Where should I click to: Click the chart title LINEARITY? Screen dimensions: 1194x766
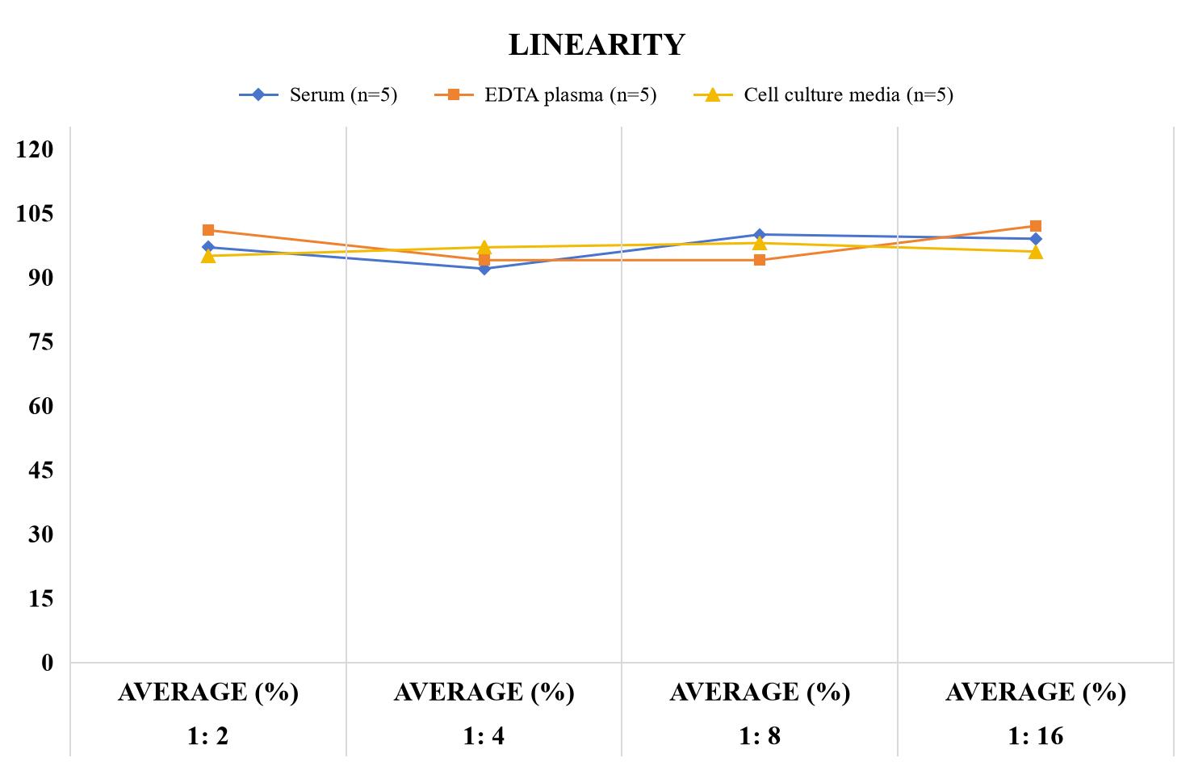(x=597, y=44)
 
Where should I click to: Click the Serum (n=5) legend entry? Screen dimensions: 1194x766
(x=318, y=95)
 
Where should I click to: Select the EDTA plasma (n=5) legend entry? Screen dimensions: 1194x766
(x=545, y=95)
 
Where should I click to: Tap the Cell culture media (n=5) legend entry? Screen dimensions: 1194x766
(x=823, y=95)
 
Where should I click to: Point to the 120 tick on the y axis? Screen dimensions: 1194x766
(x=35, y=149)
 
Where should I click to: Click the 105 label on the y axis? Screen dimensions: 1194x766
(x=35, y=213)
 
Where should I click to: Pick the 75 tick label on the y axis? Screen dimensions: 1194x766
(x=41, y=341)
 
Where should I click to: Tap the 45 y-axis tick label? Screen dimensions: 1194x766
(x=41, y=470)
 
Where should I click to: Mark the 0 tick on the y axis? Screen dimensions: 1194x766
(x=48, y=663)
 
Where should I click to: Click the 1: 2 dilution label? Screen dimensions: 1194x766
(x=208, y=736)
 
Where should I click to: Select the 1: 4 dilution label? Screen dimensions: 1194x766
(x=484, y=736)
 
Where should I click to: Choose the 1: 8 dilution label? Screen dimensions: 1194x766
(x=760, y=736)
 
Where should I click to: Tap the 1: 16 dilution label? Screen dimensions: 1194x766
(x=1036, y=736)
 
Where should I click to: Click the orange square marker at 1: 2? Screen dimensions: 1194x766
(x=208, y=230)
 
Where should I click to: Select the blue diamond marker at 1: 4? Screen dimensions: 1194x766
(x=484, y=269)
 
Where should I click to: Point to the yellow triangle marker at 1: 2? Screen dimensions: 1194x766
(x=208, y=257)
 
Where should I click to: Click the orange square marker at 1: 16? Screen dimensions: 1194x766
(x=1036, y=226)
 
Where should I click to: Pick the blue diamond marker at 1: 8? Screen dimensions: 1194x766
(x=760, y=235)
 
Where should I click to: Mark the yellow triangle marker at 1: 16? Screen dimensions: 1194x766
(x=1036, y=252)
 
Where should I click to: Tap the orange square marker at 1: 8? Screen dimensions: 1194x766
(x=760, y=260)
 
